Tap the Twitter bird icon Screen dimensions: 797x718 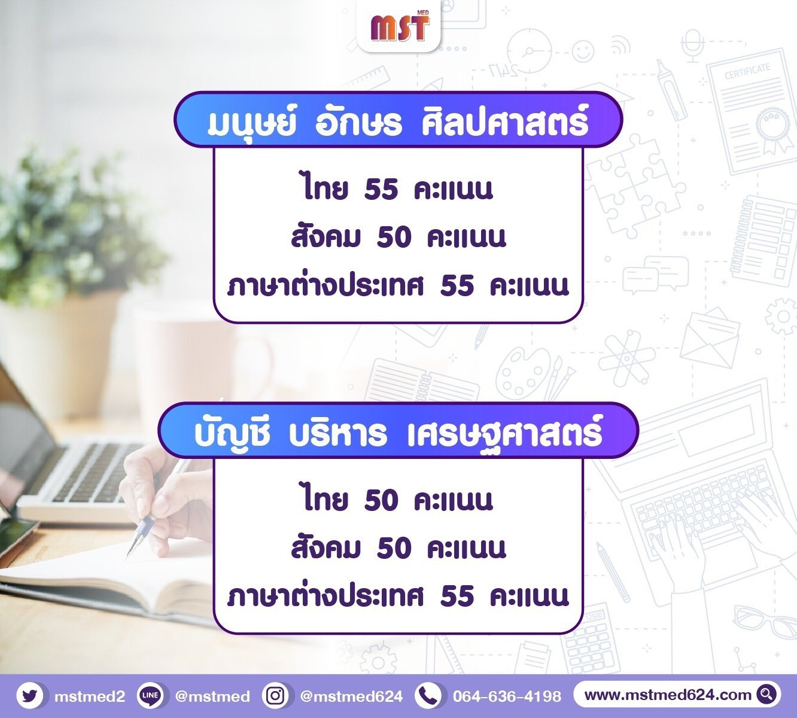click(30, 696)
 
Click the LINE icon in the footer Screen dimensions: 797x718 click(150, 696)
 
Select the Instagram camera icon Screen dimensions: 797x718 click(275, 696)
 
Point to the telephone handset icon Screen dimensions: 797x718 click(428, 696)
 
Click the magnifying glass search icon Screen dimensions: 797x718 click(767, 695)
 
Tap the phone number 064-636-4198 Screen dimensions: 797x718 click(507, 696)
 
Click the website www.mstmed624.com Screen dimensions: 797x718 click(668, 695)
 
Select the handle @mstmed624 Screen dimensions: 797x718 click(352, 696)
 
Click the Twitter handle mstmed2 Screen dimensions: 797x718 click(90, 696)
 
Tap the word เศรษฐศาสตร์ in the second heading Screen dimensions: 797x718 click(504, 432)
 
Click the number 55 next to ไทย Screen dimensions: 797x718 click(381, 188)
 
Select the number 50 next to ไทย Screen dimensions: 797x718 click(381, 500)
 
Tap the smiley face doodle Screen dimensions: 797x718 click(583, 51)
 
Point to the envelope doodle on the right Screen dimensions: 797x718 click(710, 340)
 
